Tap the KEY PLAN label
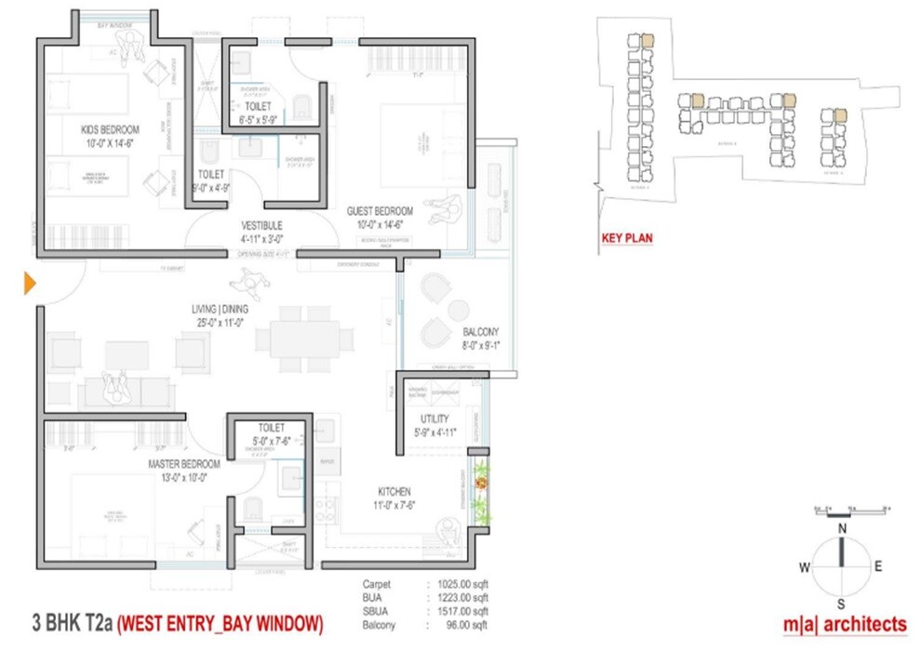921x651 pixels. click(627, 238)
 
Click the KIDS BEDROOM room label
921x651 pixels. click(110, 129)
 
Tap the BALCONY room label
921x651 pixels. click(480, 332)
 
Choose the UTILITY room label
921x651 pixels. click(434, 419)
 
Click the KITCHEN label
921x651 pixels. click(394, 491)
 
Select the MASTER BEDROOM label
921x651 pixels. click(183, 463)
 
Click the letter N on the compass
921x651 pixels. click(842, 530)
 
